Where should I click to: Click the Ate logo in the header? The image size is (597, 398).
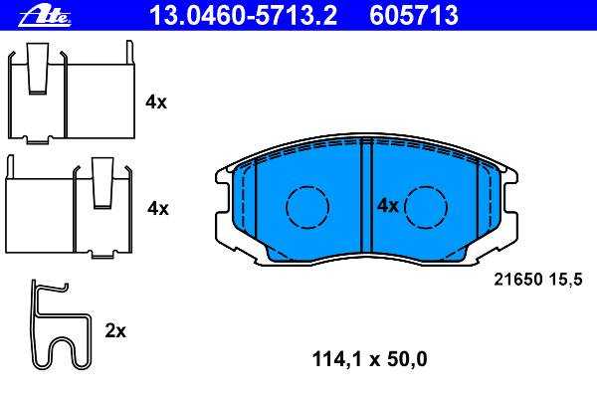[45, 16]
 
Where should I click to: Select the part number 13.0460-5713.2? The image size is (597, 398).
[243, 16]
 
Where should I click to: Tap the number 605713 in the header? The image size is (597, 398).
[414, 16]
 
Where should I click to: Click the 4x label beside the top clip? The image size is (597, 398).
[156, 102]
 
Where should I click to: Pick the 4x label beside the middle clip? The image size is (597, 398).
[158, 208]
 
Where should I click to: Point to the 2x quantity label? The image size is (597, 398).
[115, 331]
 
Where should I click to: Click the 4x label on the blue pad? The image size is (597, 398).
[388, 206]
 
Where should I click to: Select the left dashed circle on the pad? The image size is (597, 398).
[307, 208]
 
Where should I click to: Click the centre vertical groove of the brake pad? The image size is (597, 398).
[366, 196]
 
